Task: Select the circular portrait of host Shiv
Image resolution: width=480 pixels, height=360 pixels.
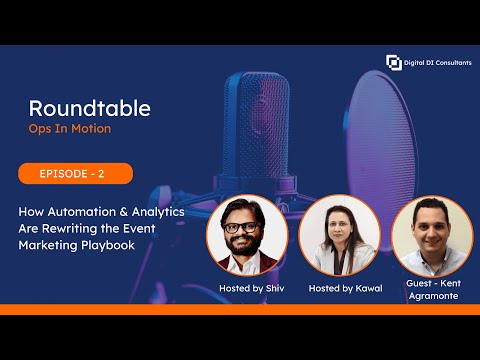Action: pos(246,237)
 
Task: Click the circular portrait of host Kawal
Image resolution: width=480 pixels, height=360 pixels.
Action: pos(341,237)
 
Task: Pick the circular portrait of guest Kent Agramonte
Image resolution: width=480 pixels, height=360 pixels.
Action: pos(431,237)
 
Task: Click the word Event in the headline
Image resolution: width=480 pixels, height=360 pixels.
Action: pos(166,228)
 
